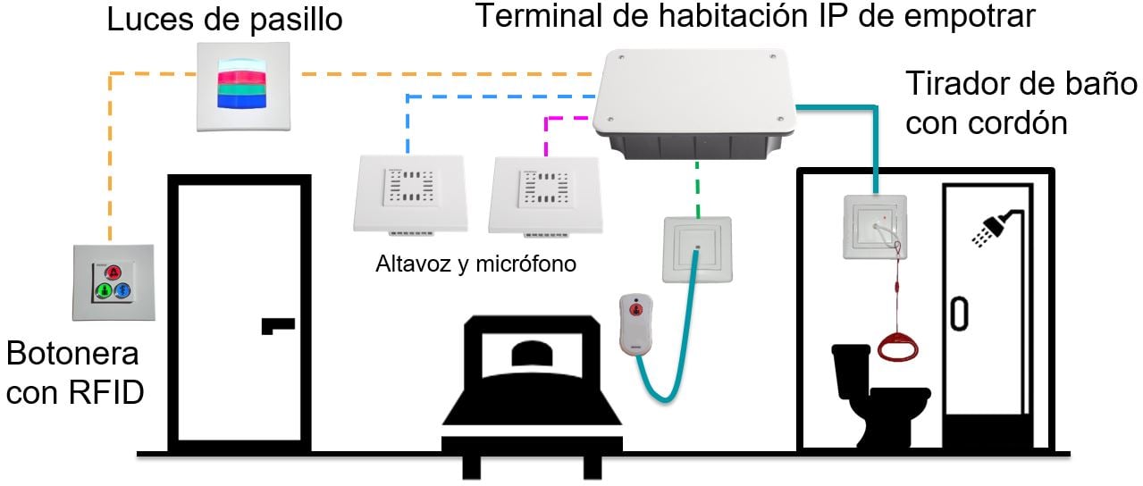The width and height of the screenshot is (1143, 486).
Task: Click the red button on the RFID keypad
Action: (114, 272)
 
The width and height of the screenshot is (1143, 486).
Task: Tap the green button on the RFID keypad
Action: (104, 290)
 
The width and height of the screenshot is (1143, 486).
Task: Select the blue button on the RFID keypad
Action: (123, 290)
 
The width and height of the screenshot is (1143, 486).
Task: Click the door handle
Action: (278, 326)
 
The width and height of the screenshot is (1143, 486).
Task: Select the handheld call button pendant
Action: (635, 324)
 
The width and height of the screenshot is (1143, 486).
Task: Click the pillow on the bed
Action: (533, 354)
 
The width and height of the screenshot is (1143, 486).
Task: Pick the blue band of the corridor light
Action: (242, 100)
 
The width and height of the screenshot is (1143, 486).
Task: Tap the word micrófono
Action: (525, 264)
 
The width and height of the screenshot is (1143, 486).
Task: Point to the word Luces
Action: (151, 20)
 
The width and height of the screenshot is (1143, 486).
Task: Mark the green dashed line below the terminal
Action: (698, 189)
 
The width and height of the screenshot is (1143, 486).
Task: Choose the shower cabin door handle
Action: (959, 314)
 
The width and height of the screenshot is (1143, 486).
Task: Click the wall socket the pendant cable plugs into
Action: (698, 249)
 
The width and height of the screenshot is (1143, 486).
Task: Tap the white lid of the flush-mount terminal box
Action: (695, 92)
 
